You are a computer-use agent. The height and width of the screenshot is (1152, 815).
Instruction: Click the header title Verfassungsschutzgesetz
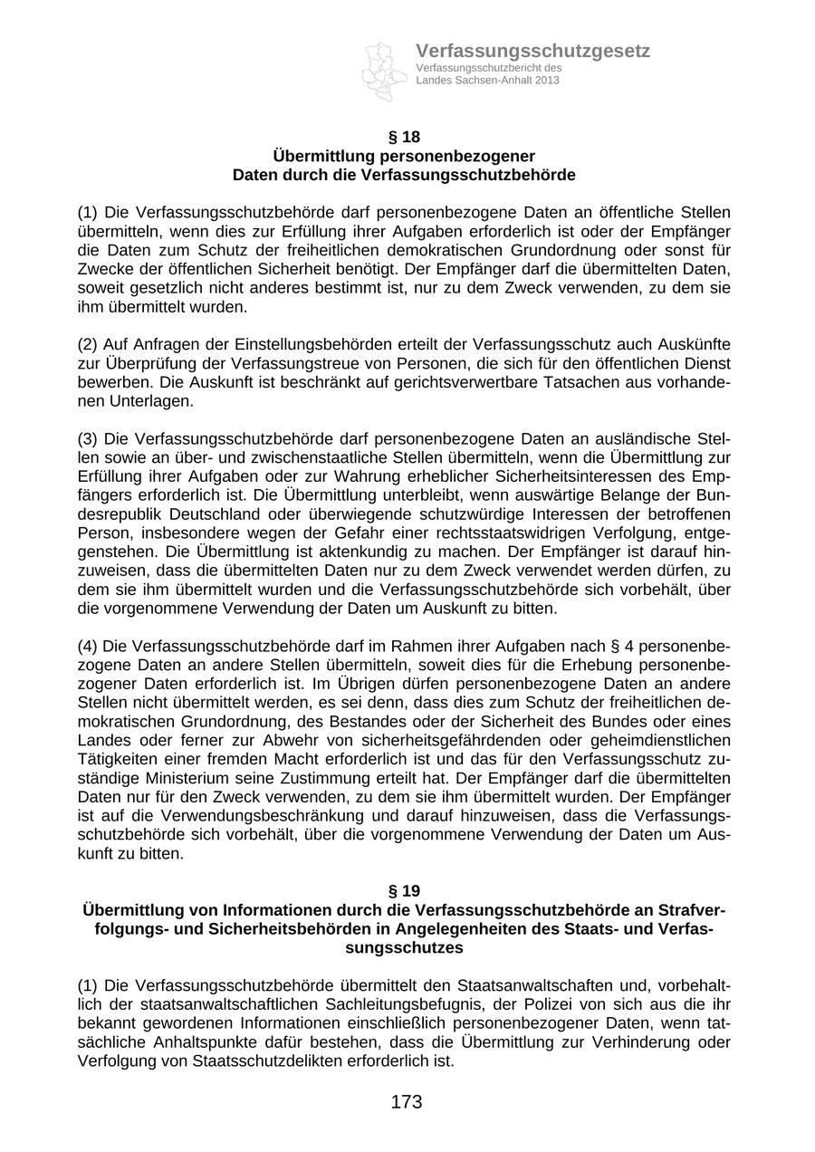(x=532, y=52)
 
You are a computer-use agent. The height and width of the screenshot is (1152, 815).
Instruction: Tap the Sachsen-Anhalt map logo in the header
(x=384, y=70)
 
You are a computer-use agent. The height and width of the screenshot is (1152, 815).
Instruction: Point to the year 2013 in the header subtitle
(x=547, y=81)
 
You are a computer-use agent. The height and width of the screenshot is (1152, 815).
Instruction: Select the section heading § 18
(x=404, y=138)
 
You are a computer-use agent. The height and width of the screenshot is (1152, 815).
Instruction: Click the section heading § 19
(x=404, y=891)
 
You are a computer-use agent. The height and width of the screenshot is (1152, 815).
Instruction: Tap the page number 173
(x=407, y=1102)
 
